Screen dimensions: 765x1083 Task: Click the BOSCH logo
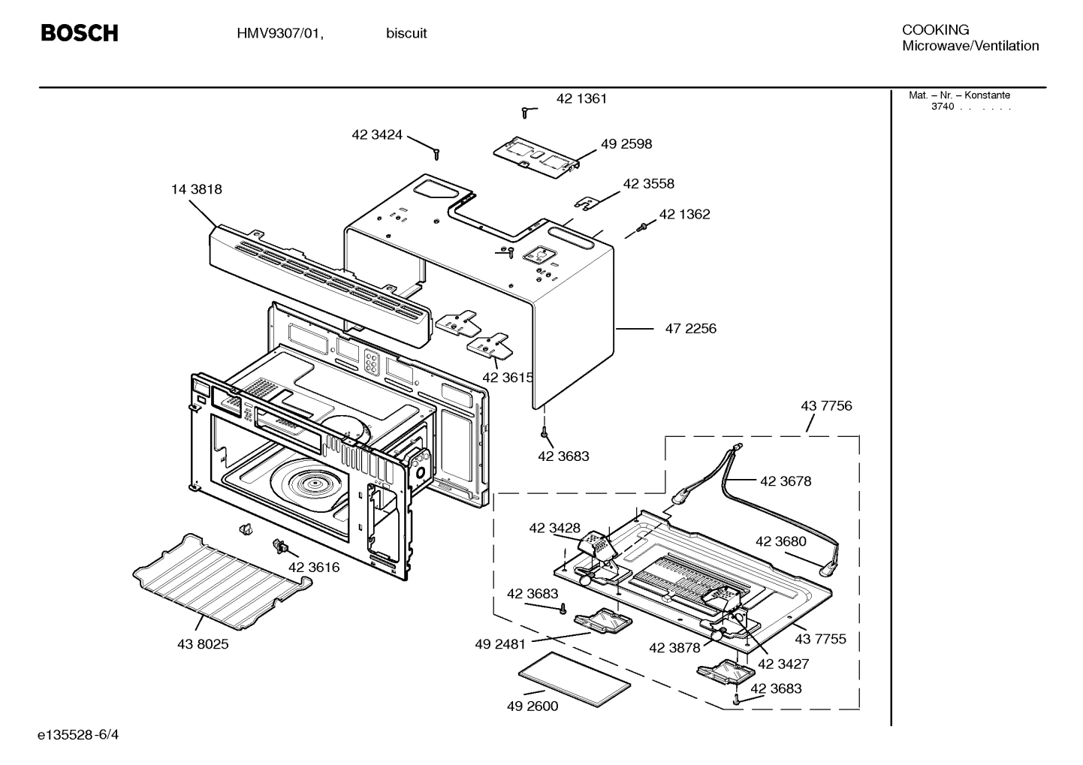coord(79,33)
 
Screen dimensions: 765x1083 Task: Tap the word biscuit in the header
coord(406,34)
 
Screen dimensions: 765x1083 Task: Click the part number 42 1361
coord(581,98)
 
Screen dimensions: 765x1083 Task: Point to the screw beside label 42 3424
coord(436,153)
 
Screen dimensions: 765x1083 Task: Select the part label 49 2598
coord(626,143)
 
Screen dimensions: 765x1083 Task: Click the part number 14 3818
coord(197,189)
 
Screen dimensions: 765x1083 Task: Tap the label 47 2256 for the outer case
coord(690,328)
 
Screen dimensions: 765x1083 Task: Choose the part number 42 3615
coord(508,378)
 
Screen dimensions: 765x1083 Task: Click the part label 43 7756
coord(826,405)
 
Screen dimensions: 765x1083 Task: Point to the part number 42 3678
coord(786,481)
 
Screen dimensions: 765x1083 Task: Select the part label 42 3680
coord(780,541)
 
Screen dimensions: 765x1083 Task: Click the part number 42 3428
coord(554,528)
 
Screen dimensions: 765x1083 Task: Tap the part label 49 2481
coord(500,643)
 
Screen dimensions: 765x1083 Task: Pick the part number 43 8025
coord(203,643)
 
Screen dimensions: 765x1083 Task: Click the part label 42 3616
coord(314,567)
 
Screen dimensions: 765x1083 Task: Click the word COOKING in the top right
coord(935,30)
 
